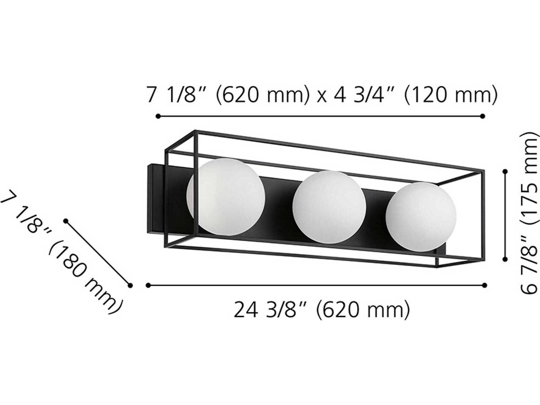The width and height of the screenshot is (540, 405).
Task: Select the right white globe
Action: (421, 216)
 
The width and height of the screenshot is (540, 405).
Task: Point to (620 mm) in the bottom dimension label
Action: (363, 310)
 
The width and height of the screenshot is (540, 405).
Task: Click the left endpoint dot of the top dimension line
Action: (158, 116)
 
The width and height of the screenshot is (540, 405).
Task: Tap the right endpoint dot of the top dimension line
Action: (483, 116)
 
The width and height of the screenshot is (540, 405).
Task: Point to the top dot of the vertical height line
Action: (505, 171)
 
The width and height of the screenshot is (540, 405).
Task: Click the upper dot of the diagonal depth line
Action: (66, 221)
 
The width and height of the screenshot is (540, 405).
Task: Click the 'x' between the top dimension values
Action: (321, 97)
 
